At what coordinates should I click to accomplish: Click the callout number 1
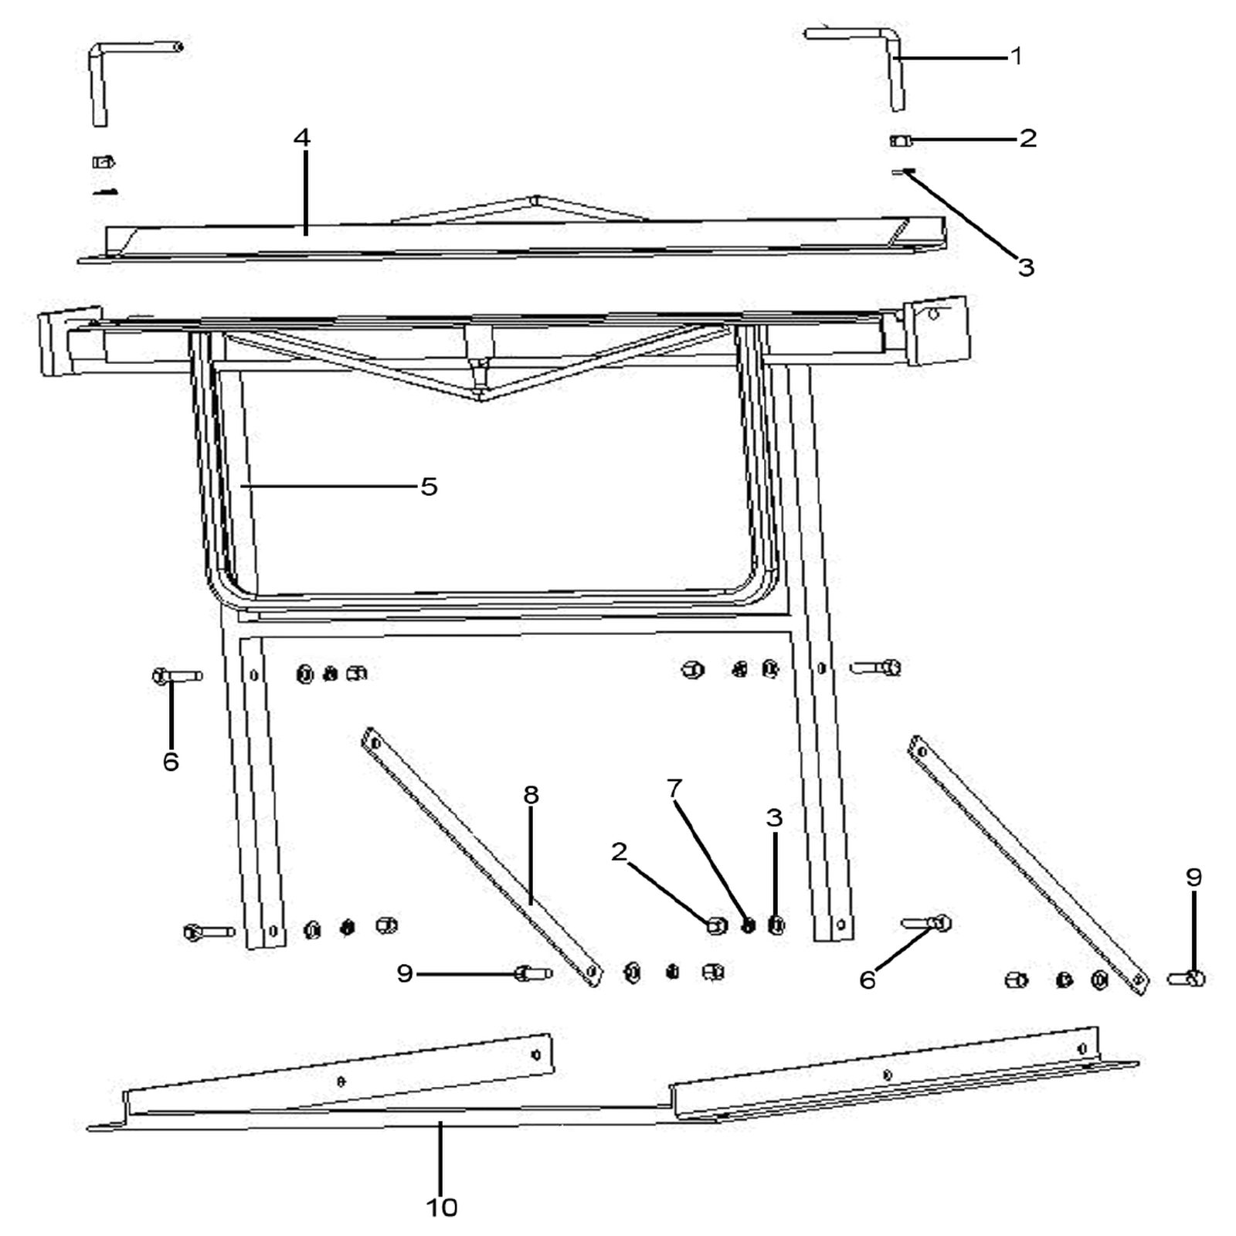1017,56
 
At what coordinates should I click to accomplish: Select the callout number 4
302,138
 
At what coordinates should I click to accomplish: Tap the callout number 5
429,487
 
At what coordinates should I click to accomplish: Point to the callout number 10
442,1207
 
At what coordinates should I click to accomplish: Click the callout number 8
531,795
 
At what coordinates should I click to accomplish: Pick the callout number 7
674,789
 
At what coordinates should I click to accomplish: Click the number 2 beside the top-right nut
1027,138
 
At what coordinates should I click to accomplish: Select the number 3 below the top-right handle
1026,267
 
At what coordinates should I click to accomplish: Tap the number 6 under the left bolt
171,761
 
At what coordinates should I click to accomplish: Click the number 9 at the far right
1194,877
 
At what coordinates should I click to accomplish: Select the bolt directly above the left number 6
177,676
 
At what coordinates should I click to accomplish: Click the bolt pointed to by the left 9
532,973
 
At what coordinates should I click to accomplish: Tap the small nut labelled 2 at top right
900,141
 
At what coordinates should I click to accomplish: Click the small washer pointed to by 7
748,925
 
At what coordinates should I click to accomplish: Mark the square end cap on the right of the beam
938,331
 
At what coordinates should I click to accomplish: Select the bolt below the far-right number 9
1187,980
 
